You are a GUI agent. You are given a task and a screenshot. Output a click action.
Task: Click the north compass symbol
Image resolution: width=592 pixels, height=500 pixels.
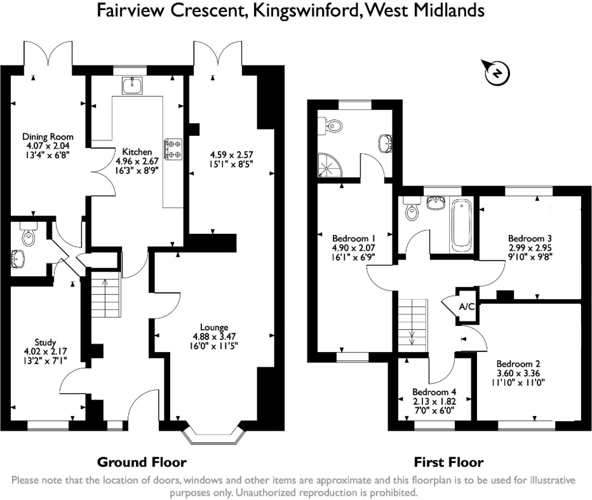point(495,72)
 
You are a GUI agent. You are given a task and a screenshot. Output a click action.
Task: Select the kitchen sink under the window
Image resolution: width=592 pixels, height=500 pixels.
point(133,84)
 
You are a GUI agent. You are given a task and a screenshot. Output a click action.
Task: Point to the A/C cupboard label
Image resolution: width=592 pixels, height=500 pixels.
point(467,306)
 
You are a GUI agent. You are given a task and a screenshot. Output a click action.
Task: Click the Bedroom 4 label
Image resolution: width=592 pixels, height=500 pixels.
point(434,392)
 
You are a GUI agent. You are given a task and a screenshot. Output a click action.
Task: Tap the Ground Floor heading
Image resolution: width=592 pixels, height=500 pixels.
point(142,462)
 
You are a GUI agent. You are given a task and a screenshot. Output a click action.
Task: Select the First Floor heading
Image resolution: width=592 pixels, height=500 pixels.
point(448,462)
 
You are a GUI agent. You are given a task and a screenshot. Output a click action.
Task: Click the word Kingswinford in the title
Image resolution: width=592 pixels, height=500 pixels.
point(307,11)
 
